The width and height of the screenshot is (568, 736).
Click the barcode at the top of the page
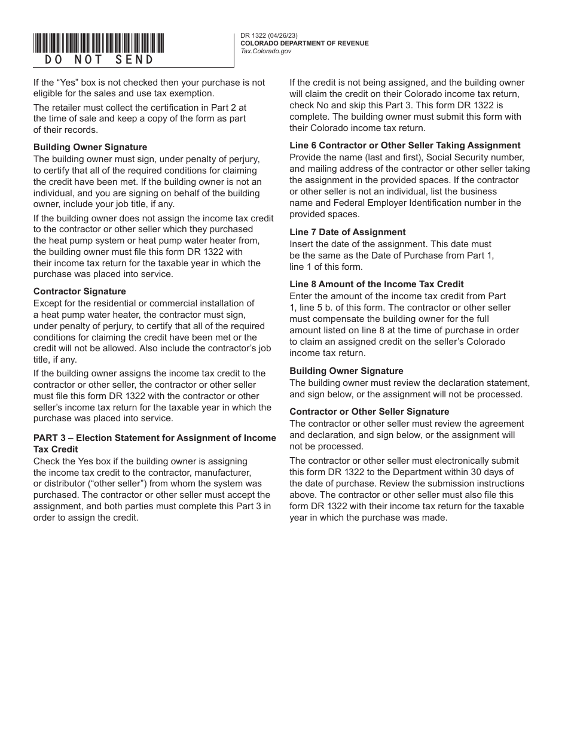[x=99, y=43]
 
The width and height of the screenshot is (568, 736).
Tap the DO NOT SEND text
[x=99, y=60]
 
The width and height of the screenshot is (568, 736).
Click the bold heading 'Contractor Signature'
[x=80, y=291]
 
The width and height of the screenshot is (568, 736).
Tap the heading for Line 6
[x=405, y=145]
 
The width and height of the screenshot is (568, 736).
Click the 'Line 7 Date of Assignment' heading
[x=347, y=232]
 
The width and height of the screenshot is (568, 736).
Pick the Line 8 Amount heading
[x=376, y=284]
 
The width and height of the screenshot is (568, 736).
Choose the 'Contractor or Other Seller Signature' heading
[x=369, y=412]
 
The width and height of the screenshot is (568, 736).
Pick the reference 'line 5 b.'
[x=314, y=308]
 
